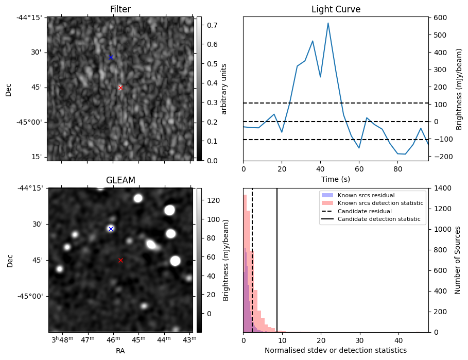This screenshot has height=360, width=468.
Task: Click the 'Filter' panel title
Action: [x=120, y=9]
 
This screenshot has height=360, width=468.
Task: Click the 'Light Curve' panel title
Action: [x=336, y=9]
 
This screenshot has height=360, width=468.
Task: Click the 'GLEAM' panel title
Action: [x=120, y=180]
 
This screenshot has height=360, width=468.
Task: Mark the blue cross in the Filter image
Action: [x=111, y=57]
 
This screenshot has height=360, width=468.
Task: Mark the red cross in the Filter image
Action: [x=120, y=88]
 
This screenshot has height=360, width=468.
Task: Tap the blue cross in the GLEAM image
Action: [x=111, y=229]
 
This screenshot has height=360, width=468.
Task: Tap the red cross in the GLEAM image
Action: [x=120, y=261]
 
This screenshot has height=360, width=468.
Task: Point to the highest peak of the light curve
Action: [x=328, y=23]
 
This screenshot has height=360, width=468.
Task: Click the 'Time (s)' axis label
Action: [x=336, y=178]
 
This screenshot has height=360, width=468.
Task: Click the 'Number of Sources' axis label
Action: [x=458, y=260]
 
